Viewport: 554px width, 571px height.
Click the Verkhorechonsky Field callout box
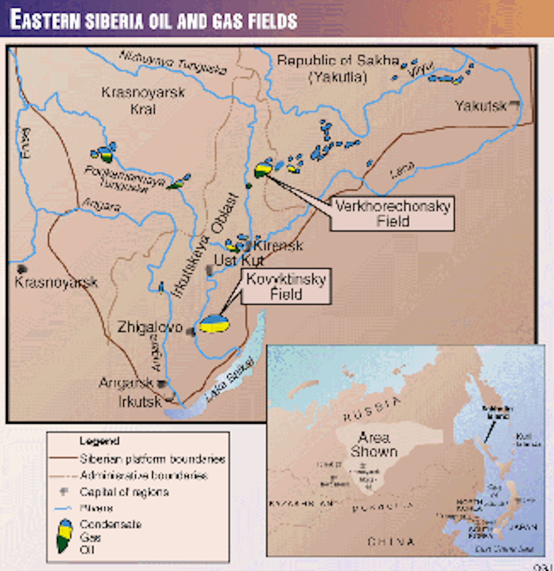(392, 213)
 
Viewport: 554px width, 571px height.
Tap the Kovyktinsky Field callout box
(286, 286)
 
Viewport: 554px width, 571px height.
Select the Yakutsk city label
(481, 106)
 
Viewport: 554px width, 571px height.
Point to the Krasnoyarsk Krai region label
(143, 100)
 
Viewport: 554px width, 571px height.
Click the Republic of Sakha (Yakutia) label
(338, 68)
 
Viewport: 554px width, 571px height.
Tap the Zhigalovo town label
(150, 327)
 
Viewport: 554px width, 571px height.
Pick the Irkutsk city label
(140, 401)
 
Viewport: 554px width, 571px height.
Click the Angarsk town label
(126, 383)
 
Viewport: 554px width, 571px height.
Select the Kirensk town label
(278, 245)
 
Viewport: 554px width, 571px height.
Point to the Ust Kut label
(239, 260)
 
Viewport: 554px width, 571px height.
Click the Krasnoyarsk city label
(56, 282)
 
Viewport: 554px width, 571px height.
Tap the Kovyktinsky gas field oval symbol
(214, 324)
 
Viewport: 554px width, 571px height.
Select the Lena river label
(402, 171)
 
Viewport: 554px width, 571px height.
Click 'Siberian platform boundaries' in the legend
(152, 459)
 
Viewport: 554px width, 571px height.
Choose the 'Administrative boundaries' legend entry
(144, 475)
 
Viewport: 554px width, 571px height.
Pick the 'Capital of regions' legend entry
(124, 492)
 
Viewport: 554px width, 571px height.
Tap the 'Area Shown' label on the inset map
(374, 444)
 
